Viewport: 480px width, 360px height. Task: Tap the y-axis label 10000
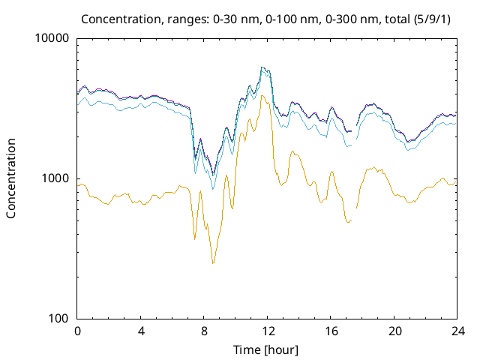tap(52, 38)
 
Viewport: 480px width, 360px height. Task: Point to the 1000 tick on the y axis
tap(55, 178)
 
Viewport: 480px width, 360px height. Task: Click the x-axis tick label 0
tap(77, 331)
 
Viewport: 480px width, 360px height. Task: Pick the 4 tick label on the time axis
tap(141, 331)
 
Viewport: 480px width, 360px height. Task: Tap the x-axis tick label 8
tap(204, 331)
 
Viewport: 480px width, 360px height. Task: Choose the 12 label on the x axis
tap(268, 331)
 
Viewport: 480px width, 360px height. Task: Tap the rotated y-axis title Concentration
tap(11, 178)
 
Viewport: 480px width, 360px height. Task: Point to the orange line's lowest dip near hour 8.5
tap(213, 263)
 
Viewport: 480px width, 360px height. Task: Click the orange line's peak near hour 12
tap(262, 96)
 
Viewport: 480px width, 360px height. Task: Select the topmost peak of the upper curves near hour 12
tap(262, 67)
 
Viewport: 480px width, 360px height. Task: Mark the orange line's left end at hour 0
tap(78, 185)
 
